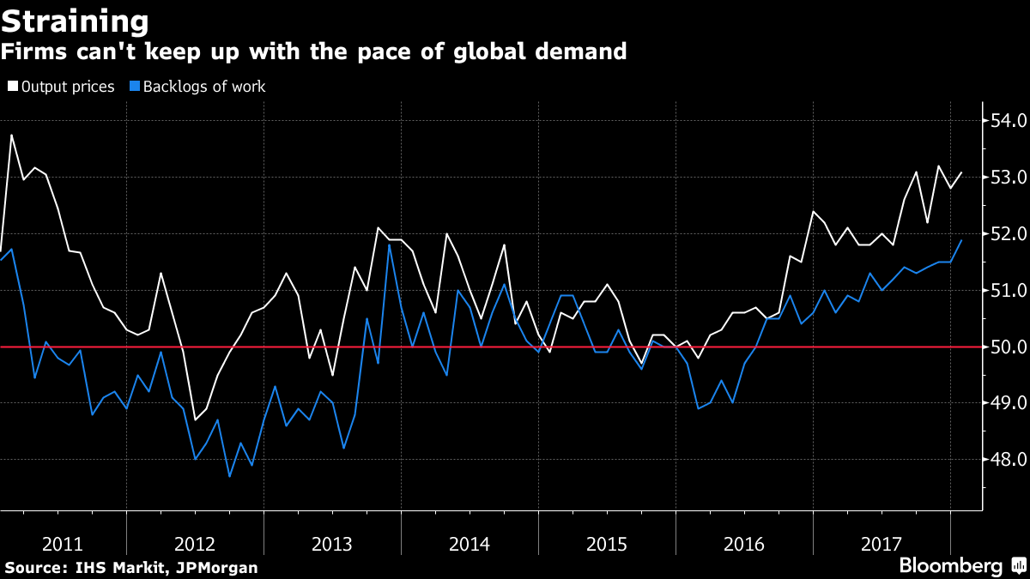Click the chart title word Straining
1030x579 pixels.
(76, 20)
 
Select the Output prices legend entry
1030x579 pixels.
(68, 87)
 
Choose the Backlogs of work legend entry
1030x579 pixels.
(204, 87)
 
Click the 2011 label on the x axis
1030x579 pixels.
(63, 544)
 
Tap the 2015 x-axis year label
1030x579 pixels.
(607, 544)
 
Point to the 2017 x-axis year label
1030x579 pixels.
(882, 544)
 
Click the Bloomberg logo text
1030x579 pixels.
(950, 566)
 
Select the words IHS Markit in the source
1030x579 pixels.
(108, 568)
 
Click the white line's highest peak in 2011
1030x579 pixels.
(11, 135)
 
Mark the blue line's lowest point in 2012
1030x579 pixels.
(230, 476)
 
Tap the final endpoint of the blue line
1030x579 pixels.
(961, 240)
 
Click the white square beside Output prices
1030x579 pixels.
(13, 87)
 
